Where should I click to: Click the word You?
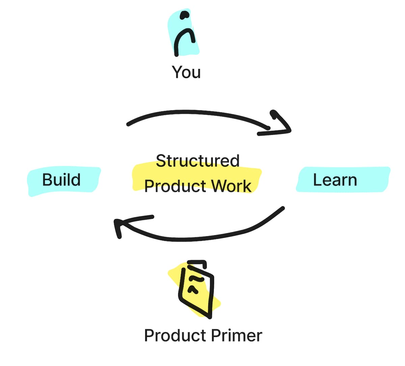coord(186,72)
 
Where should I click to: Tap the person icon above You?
coord(184,34)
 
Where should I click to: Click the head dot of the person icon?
coord(185,15)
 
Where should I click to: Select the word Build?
coord(61,179)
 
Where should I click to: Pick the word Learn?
coord(335,180)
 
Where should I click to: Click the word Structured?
coord(198,161)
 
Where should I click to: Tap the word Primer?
coord(236,336)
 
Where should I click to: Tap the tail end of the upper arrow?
coord(128,124)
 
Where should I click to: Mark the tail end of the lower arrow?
coord(283,208)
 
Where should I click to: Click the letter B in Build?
coord(47,179)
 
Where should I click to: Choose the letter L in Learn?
coord(317,180)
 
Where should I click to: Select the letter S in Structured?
coord(160,161)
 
